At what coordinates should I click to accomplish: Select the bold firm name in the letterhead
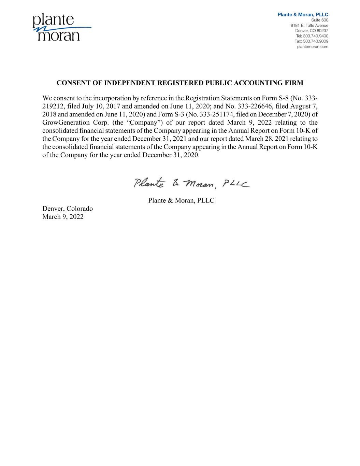(303, 15)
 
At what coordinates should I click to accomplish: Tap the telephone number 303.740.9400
(312, 36)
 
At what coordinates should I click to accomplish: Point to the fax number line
(311, 41)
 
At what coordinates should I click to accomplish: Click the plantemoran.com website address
(313, 46)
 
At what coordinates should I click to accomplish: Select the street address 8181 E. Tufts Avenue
(309, 25)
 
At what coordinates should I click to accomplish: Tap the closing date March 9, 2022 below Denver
(63, 217)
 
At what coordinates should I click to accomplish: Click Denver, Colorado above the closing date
(68, 209)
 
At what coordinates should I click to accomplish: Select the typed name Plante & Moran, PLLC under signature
(181, 200)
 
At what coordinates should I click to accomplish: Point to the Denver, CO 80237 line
(312, 31)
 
